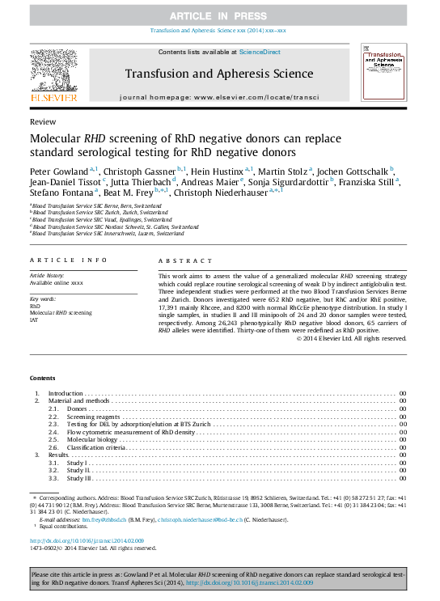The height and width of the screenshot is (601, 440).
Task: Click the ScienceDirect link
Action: pos(260,52)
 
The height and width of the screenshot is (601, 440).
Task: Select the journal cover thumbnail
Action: pos(383,74)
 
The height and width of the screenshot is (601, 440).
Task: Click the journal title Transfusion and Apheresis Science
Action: pos(218,74)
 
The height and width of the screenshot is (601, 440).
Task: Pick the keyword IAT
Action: pos(34,320)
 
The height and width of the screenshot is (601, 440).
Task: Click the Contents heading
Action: pos(43,378)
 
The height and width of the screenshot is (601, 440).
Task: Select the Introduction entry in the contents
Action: pos(66,393)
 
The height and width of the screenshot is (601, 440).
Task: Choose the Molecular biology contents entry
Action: pos(92,439)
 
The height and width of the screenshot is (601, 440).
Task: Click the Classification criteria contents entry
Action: pos(95,447)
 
